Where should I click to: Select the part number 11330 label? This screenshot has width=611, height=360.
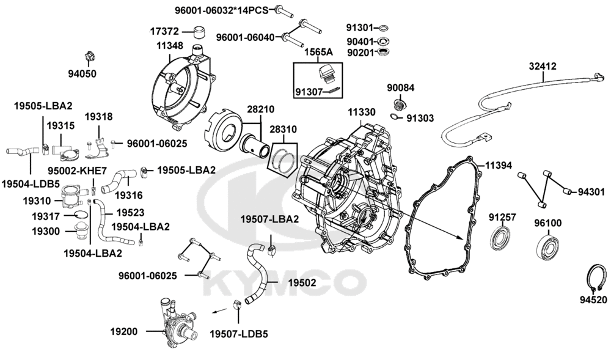pyautogui.click(x=362, y=112)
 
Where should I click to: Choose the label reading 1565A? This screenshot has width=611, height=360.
pyautogui.click(x=319, y=53)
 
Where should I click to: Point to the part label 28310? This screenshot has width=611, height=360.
pyautogui.click(x=283, y=130)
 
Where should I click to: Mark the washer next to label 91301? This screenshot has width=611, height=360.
pyautogui.click(x=384, y=28)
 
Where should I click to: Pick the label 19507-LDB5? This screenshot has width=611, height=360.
pyautogui.click(x=238, y=334)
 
